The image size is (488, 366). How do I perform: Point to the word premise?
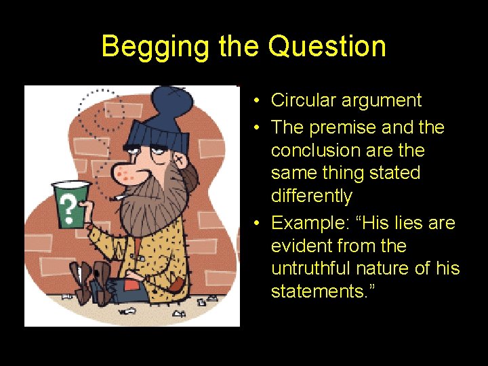(x=345, y=127)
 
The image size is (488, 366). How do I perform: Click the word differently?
(x=312, y=196)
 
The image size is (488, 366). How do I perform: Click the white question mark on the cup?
(x=66, y=205)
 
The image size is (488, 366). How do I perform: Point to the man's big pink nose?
(x=123, y=174)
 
